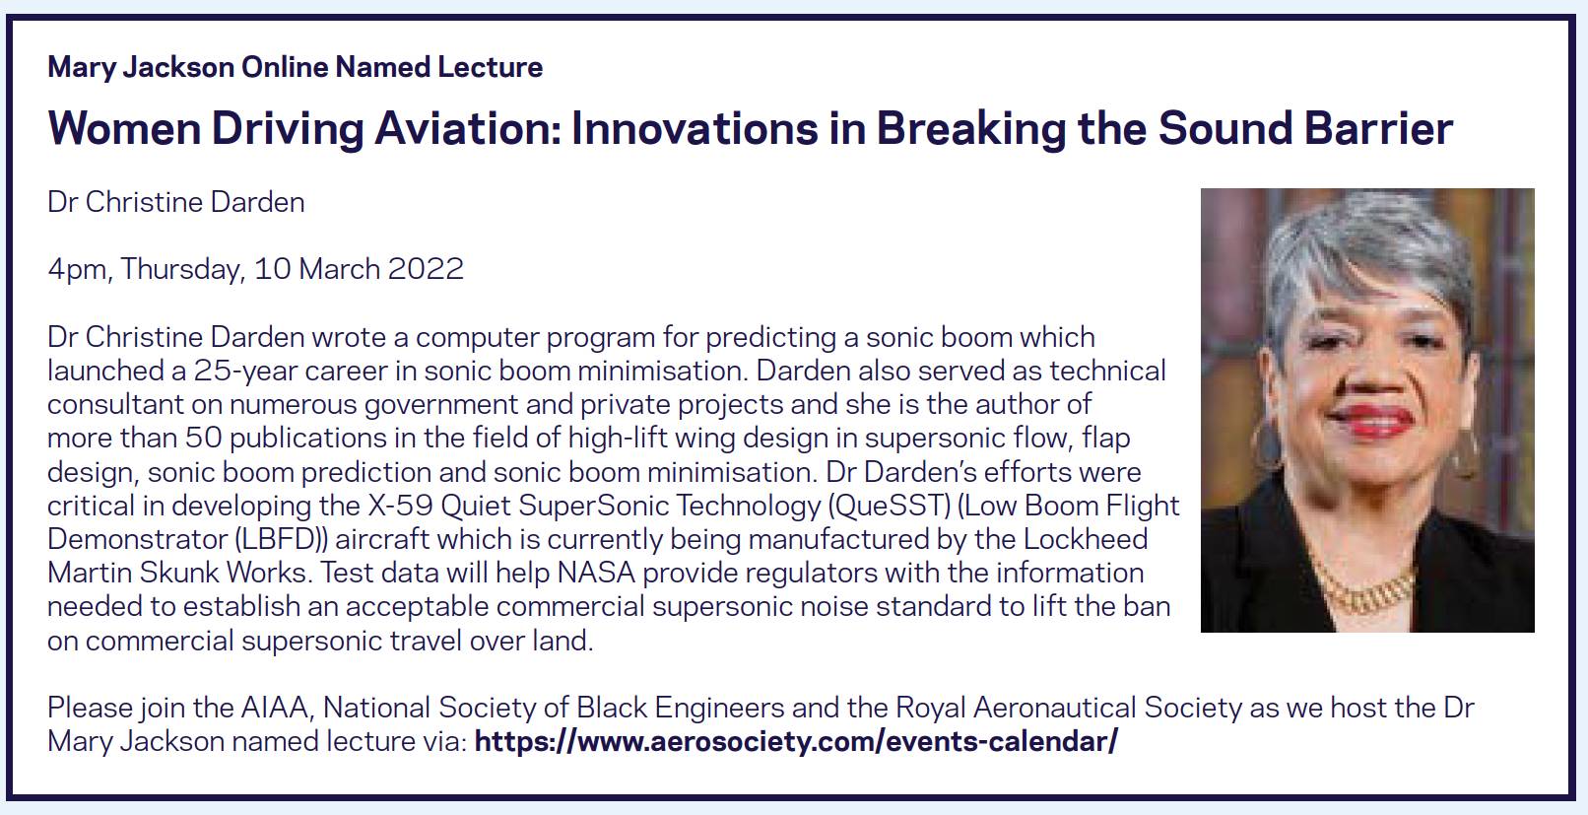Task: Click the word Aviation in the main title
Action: click(x=468, y=128)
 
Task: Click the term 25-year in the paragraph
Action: click(x=239, y=372)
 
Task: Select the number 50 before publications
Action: click(x=204, y=439)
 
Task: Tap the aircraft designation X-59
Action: click(x=400, y=506)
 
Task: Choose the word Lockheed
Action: click(x=1085, y=539)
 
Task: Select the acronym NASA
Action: click(x=596, y=574)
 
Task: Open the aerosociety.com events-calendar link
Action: click(x=795, y=742)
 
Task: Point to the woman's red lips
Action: click(x=1370, y=421)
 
